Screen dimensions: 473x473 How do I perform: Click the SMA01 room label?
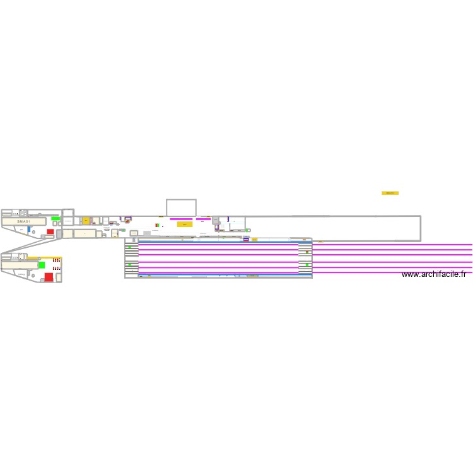click(x=23, y=222)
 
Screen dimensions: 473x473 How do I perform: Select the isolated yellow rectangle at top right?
click(x=390, y=193)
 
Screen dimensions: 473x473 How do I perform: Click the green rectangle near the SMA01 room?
click(x=55, y=218)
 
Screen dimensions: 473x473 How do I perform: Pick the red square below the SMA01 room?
click(x=50, y=231)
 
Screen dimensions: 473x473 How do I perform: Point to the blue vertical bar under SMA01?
click(x=28, y=230)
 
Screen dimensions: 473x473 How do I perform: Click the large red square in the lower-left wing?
click(x=49, y=277)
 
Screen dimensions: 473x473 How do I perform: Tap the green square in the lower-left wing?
click(x=42, y=265)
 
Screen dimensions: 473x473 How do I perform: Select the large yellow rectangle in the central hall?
click(x=184, y=224)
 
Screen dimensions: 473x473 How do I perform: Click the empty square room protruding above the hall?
click(x=181, y=207)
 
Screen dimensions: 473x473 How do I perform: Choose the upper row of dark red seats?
click(x=56, y=260)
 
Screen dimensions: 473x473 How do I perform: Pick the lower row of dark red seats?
click(x=56, y=268)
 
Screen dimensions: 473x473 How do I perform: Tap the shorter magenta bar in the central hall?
click(x=203, y=219)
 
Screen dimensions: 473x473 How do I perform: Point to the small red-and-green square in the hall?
click(x=156, y=225)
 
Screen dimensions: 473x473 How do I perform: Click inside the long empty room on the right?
click(x=334, y=228)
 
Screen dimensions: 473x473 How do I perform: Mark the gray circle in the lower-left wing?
click(x=32, y=275)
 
